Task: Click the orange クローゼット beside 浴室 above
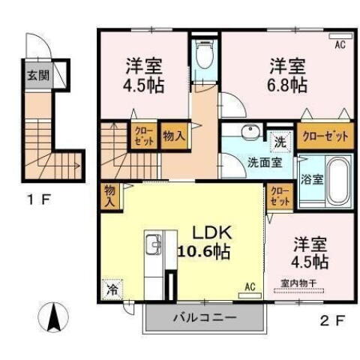(x=325, y=136)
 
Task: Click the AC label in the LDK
(x=250, y=286)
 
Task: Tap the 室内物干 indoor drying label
(x=298, y=282)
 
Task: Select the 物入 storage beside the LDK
(x=109, y=196)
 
